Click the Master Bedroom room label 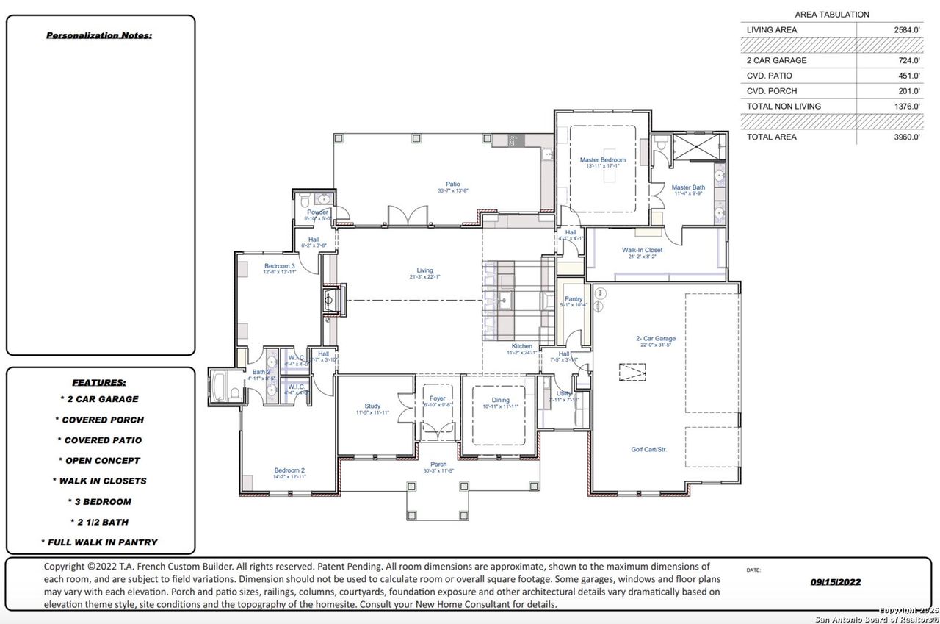click(602, 159)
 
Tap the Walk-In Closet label click(645, 250)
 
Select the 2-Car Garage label click(655, 339)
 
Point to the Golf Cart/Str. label click(648, 449)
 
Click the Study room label click(372, 406)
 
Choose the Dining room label click(500, 400)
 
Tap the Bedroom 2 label click(289, 470)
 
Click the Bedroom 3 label click(279, 265)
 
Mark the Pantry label click(574, 299)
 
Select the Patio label click(452, 184)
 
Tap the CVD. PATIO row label click(769, 76)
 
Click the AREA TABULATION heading click(831, 15)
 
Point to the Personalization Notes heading click(99, 35)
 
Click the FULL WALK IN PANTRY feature click(100, 542)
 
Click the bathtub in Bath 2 click(220, 387)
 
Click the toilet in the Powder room click(305, 200)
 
